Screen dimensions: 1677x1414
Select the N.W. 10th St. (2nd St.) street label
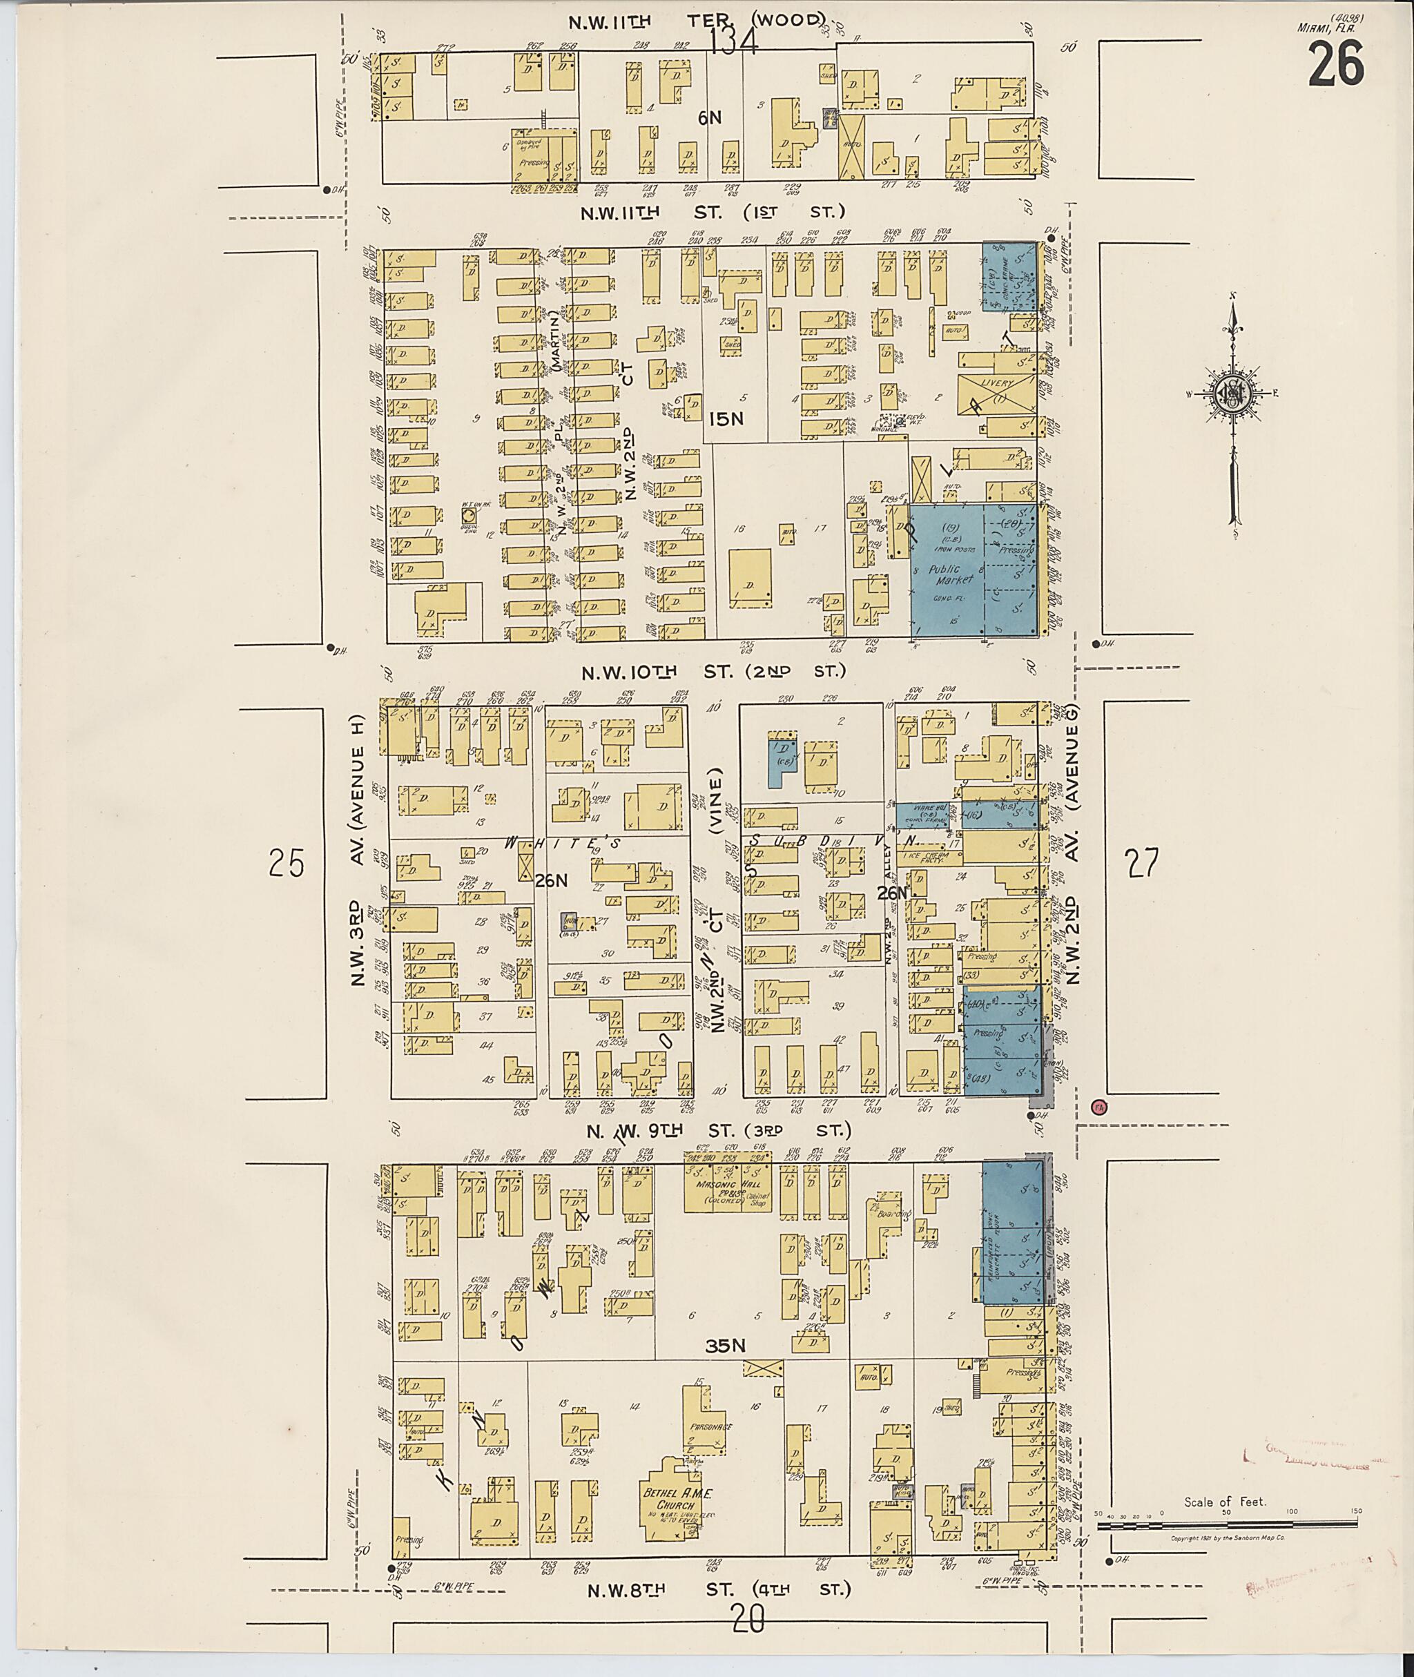click(713, 672)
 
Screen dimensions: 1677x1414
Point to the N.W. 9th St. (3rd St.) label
click(718, 1130)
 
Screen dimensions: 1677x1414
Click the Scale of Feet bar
click(1226, 1527)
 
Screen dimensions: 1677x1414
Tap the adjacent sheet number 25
click(287, 864)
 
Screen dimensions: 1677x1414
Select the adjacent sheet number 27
click(1142, 864)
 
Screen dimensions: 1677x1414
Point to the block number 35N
click(726, 1348)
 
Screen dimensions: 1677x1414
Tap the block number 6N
click(709, 118)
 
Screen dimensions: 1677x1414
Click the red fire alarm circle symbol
click(1099, 1107)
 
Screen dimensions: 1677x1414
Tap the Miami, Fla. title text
click(1326, 27)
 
